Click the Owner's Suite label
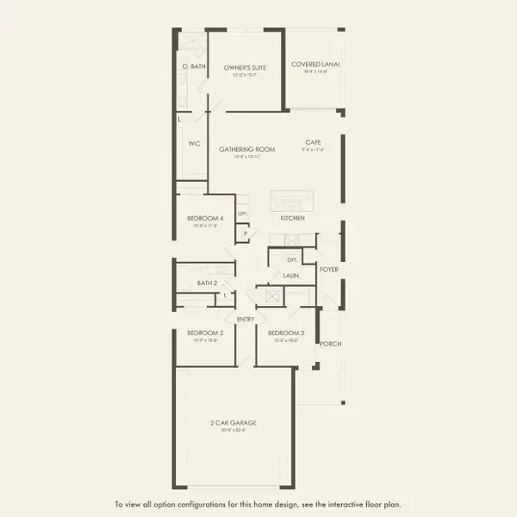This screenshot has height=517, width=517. point(246,66)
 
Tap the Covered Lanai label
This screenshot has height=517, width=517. point(312,64)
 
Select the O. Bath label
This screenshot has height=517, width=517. point(194,66)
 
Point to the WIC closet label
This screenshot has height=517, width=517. point(194,143)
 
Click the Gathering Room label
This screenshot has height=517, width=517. point(246,149)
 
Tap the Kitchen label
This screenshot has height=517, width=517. point(292,219)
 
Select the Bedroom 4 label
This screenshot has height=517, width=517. point(205,219)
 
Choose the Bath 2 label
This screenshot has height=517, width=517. point(205,283)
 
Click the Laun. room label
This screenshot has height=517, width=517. point(291,277)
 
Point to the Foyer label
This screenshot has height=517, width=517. point(329,270)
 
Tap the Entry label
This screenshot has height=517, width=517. point(246,319)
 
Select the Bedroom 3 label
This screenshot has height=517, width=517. point(286,333)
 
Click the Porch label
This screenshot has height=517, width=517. point(330,344)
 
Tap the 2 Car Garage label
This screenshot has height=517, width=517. point(234,422)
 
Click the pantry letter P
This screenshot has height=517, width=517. point(245,233)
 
